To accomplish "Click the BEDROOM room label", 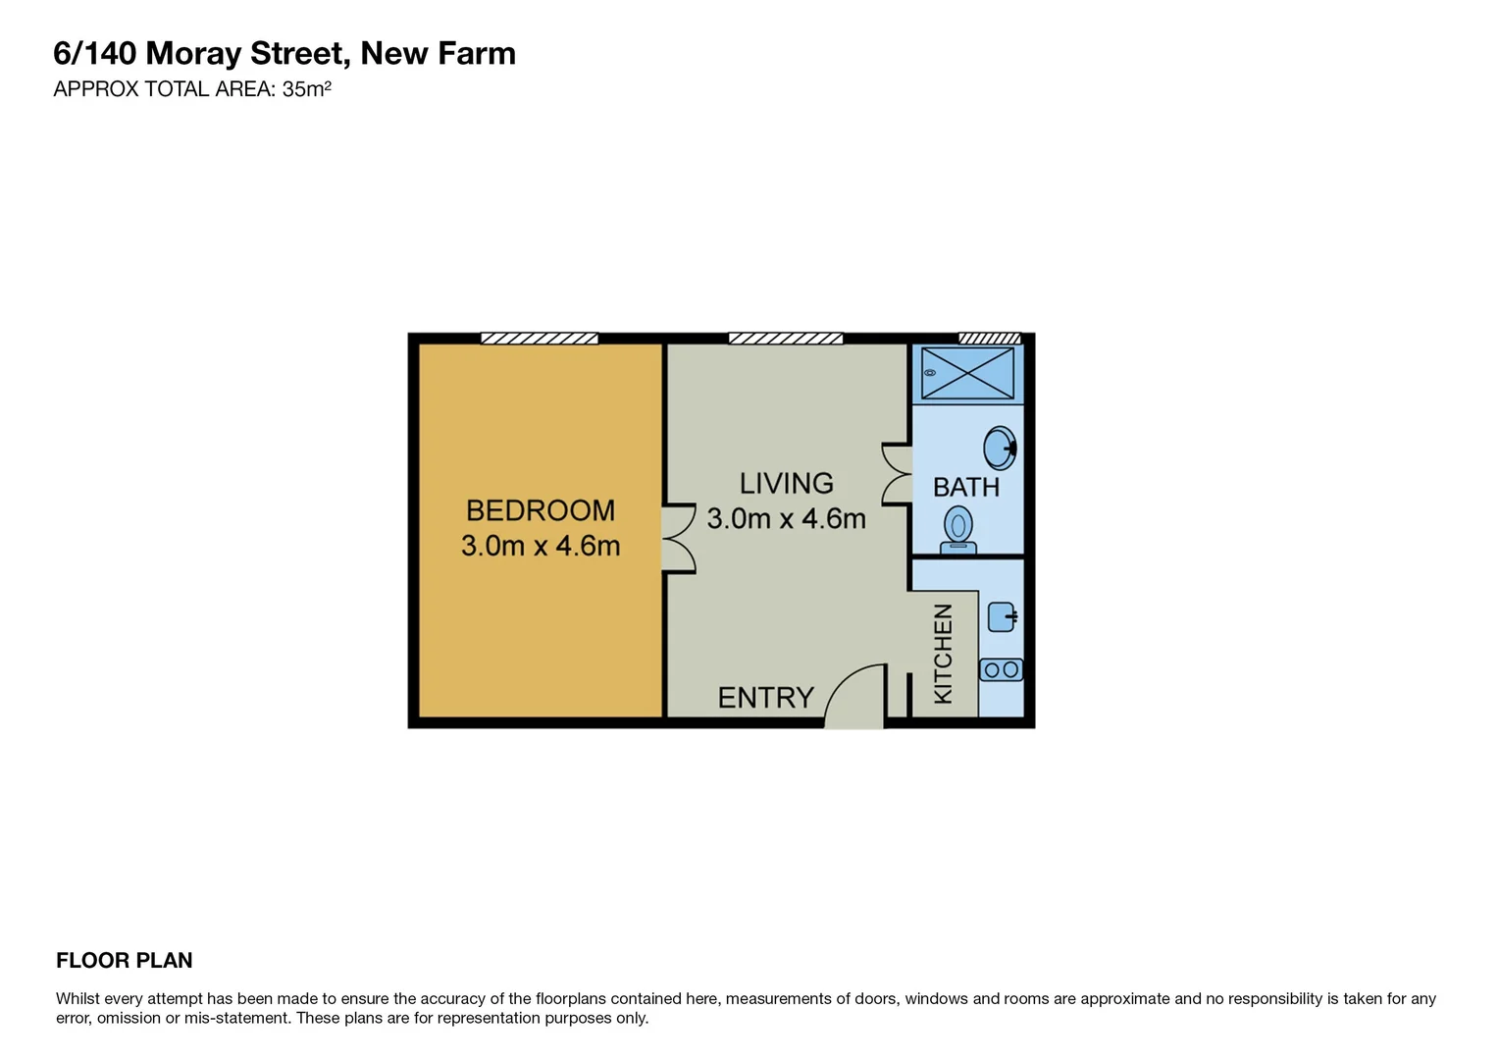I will coord(540,510).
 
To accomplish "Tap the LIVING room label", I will coord(786,483).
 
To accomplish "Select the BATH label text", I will coord(965,487).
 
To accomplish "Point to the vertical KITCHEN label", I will coord(943,654).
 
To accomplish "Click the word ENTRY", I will coord(765,698).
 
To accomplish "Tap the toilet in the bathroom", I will coord(958,529).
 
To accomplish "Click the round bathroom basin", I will coord(1000,449).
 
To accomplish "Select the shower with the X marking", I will coord(967,373).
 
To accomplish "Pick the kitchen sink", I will coord(1002,617).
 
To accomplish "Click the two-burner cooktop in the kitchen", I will coord(1001,670).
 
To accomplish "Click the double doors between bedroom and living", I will coord(679,538).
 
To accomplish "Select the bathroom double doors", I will coord(897,475).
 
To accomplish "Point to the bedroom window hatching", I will coord(539,339).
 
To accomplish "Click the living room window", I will coord(785,339).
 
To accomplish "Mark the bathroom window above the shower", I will coord(989,339).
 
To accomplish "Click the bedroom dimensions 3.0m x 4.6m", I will coord(540,546).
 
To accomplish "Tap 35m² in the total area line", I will coord(306,89).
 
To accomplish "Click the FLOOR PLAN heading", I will coord(124,961).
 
